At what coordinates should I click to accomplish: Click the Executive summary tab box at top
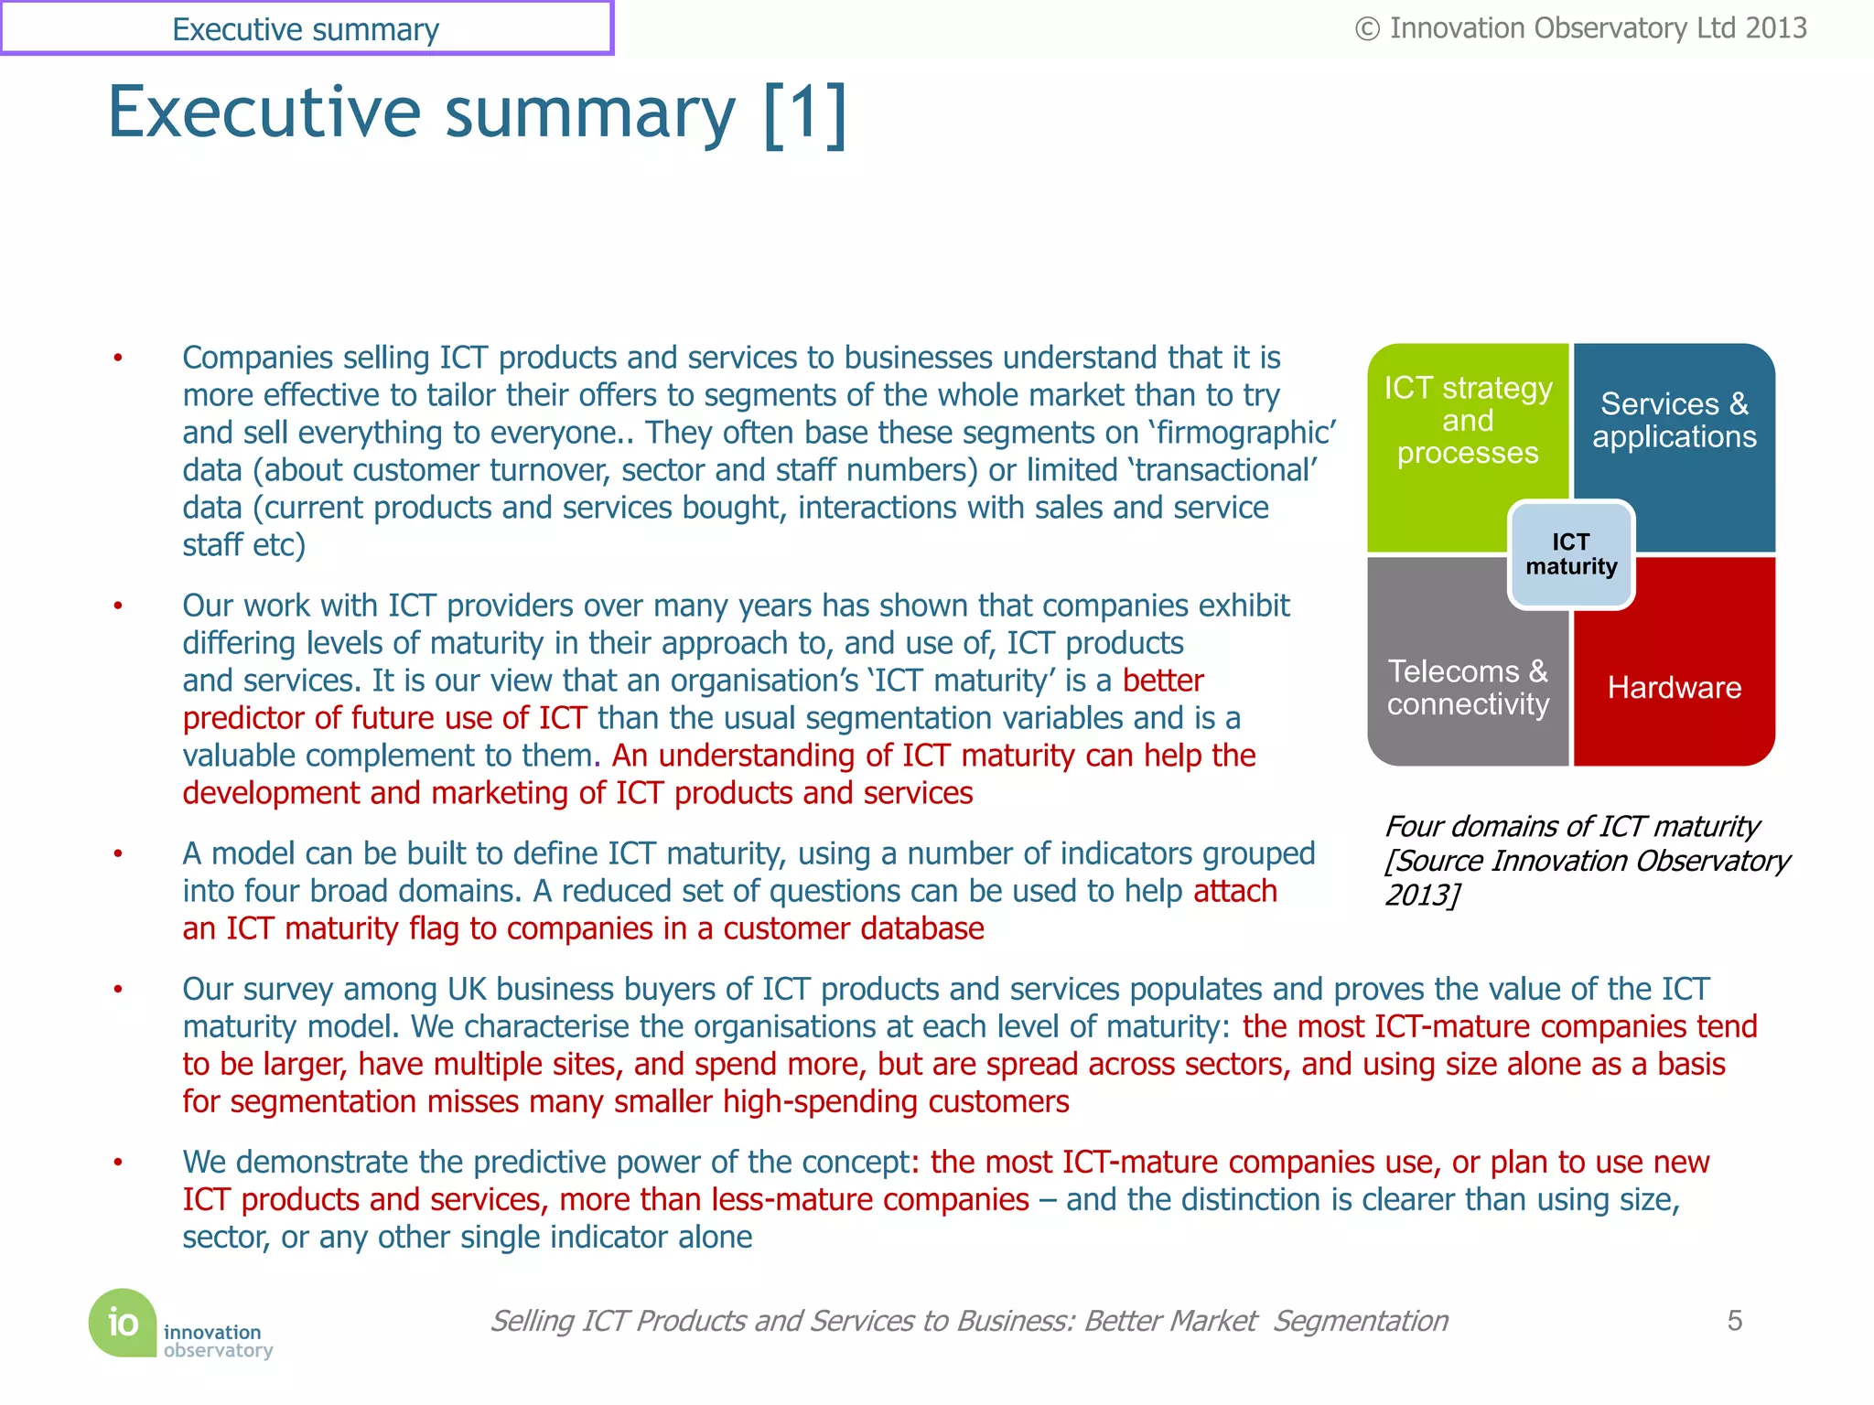point(306,28)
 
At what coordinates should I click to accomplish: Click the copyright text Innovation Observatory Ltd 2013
point(1581,28)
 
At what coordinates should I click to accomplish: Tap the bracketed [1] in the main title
point(804,113)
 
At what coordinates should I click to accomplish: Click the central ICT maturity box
point(1570,554)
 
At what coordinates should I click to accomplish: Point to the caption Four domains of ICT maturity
point(1571,827)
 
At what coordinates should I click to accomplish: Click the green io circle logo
point(123,1322)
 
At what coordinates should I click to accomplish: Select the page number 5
point(1734,1320)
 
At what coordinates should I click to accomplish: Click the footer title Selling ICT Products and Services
point(968,1321)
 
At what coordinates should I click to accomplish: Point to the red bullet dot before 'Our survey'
point(118,990)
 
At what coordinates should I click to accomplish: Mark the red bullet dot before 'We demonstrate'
point(118,1163)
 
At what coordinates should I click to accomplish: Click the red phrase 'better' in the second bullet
point(1162,681)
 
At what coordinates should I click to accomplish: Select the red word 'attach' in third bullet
point(1234,891)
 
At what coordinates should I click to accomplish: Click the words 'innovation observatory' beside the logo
point(218,1341)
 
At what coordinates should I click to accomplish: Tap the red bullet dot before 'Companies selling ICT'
point(118,358)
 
